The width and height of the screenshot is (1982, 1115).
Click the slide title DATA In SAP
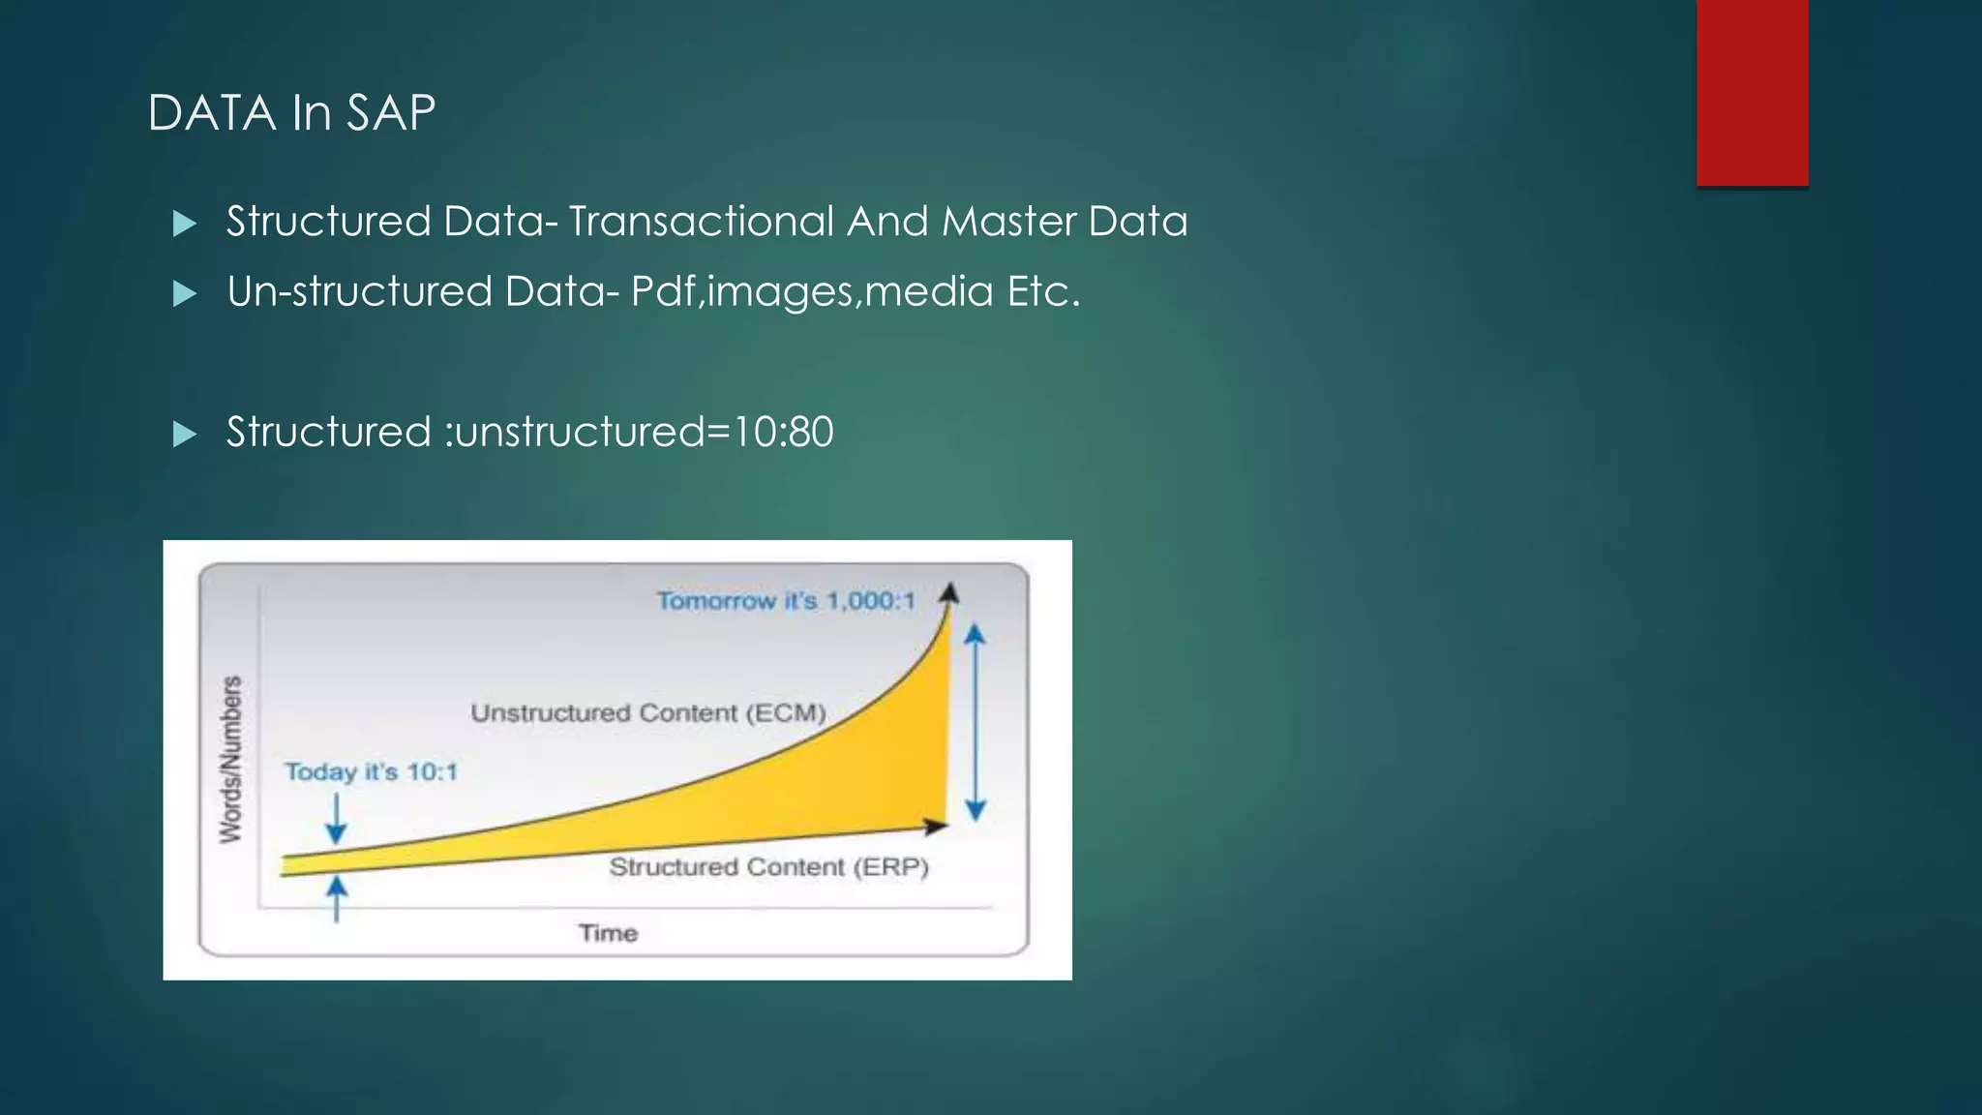(291, 112)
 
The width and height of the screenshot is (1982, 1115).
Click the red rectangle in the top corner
(1752, 92)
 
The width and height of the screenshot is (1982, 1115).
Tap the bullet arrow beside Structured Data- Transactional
(184, 224)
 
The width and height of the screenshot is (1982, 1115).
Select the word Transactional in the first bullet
(700, 222)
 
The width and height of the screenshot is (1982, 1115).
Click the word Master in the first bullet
(1007, 222)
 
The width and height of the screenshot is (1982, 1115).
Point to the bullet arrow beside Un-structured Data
(184, 293)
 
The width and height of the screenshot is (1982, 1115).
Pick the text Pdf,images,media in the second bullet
(812, 292)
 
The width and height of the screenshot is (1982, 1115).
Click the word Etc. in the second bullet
(1043, 291)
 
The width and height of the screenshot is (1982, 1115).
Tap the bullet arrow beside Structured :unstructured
(184, 434)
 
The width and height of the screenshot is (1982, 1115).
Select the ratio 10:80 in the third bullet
(783, 432)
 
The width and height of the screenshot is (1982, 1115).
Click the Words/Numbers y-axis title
(230, 760)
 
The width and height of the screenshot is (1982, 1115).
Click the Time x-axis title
(608, 933)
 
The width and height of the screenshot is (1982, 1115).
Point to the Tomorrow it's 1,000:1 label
(785, 601)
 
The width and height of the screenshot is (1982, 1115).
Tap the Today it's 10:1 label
(371, 772)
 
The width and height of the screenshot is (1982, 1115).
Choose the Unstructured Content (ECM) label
(647, 713)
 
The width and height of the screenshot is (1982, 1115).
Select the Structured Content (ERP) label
(768, 867)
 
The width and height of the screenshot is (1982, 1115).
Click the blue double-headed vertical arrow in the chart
(976, 722)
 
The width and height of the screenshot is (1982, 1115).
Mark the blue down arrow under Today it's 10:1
(336, 819)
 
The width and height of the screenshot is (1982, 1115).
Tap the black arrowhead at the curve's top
(949, 592)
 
